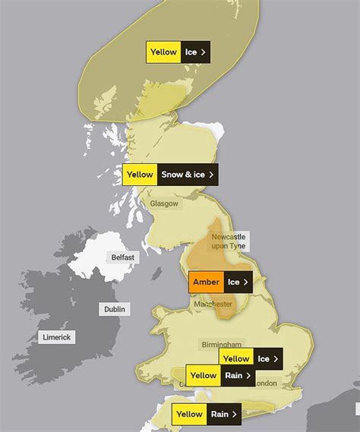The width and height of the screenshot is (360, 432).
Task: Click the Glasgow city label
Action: [x=164, y=203]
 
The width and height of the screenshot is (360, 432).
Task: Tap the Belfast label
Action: [x=122, y=257]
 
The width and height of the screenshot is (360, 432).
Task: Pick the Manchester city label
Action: [x=213, y=303]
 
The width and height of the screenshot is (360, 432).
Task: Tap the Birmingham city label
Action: [x=221, y=344]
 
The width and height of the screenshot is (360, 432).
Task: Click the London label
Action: [x=265, y=383]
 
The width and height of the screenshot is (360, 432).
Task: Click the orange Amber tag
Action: [x=206, y=282]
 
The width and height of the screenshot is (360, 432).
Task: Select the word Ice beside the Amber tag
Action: [x=234, y=282]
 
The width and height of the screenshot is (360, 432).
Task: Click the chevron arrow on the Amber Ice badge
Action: [x=246, y=282]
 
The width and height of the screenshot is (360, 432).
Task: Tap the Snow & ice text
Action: [x=183, y=174]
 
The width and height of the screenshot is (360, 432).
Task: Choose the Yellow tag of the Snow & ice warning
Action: [x=140, y=174]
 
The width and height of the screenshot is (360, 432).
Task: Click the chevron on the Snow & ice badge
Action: [x=211, y=174]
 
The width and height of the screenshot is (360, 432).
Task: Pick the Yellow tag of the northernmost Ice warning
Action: [x=163, y=52]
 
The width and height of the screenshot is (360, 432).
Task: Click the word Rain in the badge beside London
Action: [x=232, y=375]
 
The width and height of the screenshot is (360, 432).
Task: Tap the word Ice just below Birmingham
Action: [x=263, y=358]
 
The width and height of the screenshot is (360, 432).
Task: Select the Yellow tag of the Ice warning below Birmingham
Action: [x=236, y=358]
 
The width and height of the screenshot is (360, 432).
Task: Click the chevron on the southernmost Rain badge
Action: [x=235, y=414]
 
